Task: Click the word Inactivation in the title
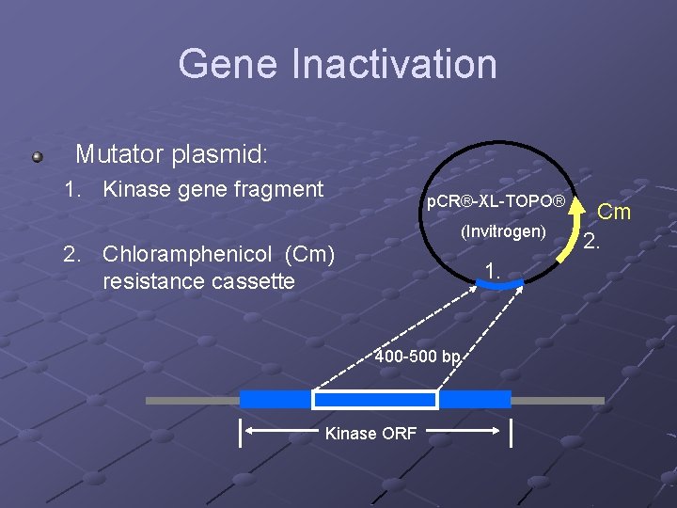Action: point(394,64)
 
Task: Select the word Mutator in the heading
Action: point(118,153)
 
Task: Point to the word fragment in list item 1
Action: point(276,189)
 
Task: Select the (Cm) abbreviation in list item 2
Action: point(316,255)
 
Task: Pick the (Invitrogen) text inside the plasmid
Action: point(502,231)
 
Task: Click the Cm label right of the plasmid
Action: point(614,212)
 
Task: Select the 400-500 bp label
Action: point(417,357)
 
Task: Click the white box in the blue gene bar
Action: point(375,400)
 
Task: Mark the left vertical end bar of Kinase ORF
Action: point(241,434)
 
